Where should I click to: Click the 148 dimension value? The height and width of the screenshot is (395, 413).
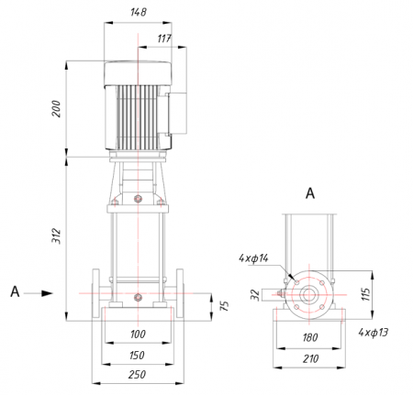click(139, 12)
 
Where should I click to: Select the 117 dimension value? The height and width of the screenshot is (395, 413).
click(164, 38)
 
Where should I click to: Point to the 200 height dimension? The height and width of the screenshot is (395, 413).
click(56, 108)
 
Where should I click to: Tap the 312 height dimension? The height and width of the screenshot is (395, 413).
click(56, 236)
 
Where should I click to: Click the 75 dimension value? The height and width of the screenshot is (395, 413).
click(225, 306)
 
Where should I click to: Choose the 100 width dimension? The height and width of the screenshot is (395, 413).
click(138, 334)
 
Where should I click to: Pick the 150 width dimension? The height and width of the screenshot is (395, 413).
click(137, 356)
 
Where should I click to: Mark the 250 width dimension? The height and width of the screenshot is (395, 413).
click(137, 374)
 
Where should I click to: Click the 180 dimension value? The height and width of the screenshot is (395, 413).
click(310, 337)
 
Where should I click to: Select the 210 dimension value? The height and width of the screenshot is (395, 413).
click(310, 358)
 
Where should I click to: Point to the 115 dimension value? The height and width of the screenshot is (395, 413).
click(366, 294)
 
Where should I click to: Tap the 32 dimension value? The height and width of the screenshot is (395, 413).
click(255, 295)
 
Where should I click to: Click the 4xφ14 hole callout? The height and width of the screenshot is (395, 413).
click(253, 258)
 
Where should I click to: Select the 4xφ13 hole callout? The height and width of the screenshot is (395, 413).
click(374, 332)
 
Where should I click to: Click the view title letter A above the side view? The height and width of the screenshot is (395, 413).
click(310, 193)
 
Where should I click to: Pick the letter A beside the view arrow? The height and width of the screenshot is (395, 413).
click(15, 291)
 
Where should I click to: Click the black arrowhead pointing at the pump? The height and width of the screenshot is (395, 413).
click(47, 293)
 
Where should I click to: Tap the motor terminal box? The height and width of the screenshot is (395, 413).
click(177, 114)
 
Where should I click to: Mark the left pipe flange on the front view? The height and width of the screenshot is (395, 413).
click(95, 294)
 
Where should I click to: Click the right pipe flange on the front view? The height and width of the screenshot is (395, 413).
click(180, 294)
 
